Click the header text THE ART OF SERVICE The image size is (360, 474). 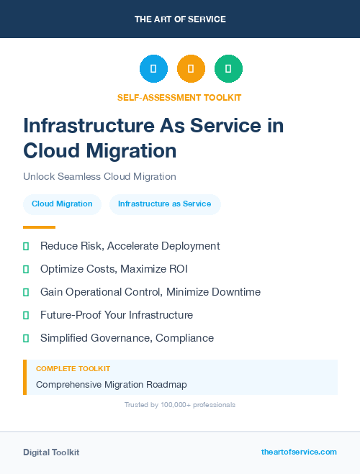pos(180,19)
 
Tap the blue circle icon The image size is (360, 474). pos(153,69)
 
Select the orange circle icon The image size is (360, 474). pos(191,69)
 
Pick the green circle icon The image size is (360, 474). pos(228,69)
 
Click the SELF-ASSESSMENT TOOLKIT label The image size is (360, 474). pos(179,97)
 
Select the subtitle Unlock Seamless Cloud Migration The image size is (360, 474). pos(99,176)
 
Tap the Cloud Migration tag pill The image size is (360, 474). pos(62,204)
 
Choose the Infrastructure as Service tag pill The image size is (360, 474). pos(165,204)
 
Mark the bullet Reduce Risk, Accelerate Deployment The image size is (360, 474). pos(130,246)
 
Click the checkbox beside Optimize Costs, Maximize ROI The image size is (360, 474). pos(26,269)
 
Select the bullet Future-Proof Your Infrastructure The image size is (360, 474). pos(117,315)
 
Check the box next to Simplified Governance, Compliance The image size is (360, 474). pos(26,338)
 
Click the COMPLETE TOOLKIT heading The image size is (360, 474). pos(73,368)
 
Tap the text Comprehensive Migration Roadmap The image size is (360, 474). pos(111,385)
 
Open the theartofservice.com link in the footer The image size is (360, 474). pos(299,452)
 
